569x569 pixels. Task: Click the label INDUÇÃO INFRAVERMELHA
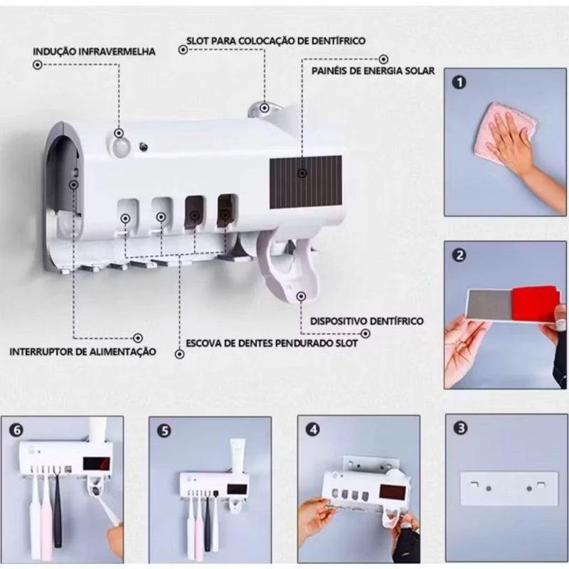coord(94,52)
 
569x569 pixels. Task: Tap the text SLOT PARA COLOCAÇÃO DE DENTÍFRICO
coord(276,41)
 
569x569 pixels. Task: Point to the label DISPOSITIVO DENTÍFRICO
coord(367,321)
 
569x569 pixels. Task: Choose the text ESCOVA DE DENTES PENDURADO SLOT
coord(272,343)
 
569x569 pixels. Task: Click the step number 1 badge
coord(460,83)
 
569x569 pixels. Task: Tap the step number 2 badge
coord(460,255)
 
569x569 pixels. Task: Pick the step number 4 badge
coord(312,429)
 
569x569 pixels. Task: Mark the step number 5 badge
coord(164,430)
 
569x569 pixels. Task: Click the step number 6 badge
coord(18,430)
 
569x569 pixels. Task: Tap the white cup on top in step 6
coord(97,430)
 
